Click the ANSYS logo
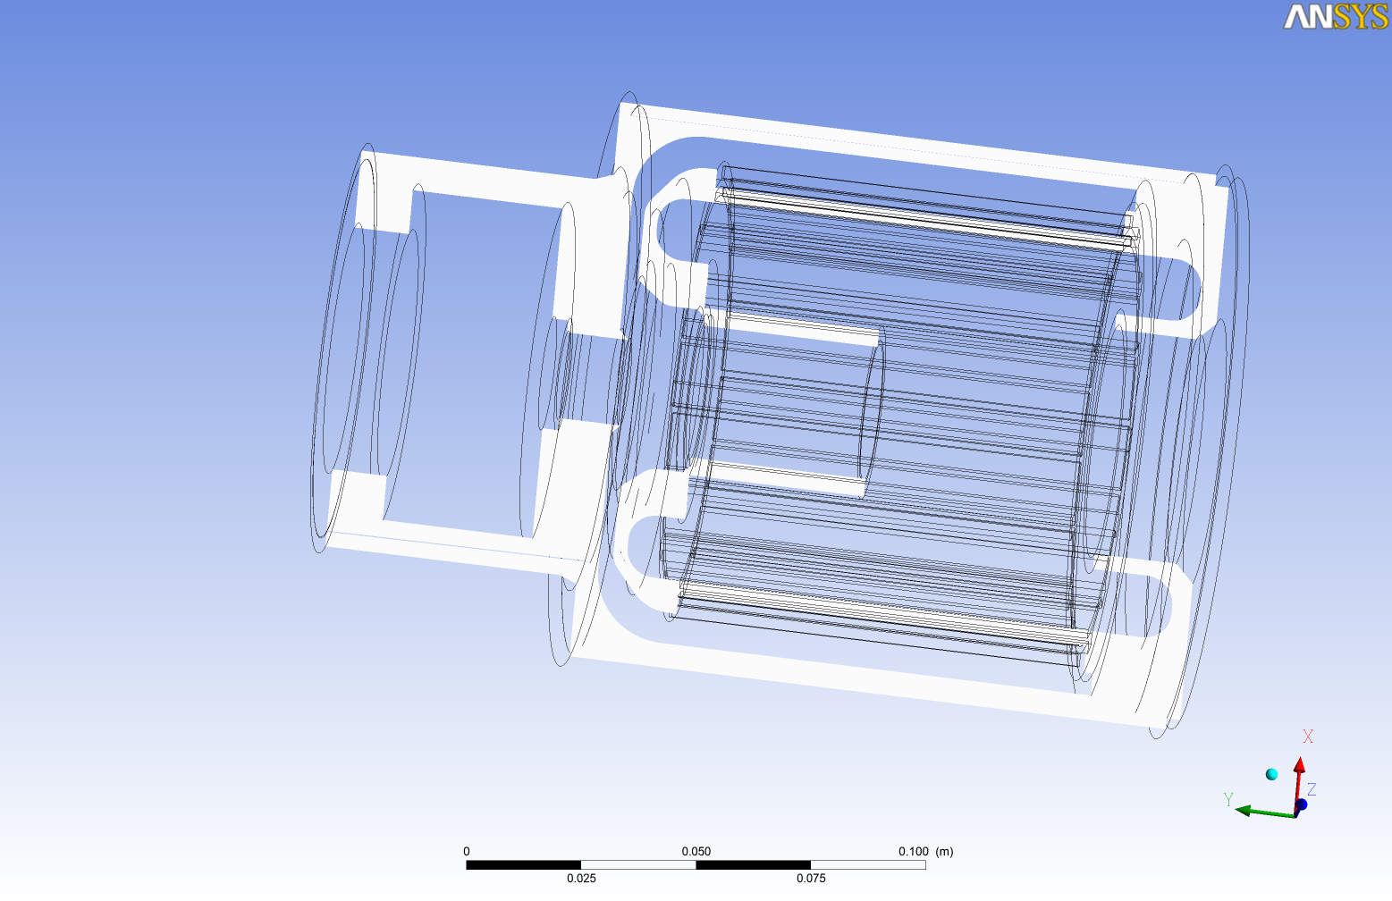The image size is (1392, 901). pos(1336,17)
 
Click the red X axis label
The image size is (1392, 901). pos(1307,737)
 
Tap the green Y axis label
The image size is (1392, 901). pos(1227,799)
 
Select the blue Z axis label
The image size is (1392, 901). pos(1312,789)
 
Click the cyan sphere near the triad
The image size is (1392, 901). pos(1272,774)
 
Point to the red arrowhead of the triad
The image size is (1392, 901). pos(1299,765)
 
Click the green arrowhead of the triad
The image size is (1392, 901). pos(1243,811)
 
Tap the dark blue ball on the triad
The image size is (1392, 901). pos(1301,804)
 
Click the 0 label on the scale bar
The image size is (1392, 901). pos(467,851)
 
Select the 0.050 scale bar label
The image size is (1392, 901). pos(696,851)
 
